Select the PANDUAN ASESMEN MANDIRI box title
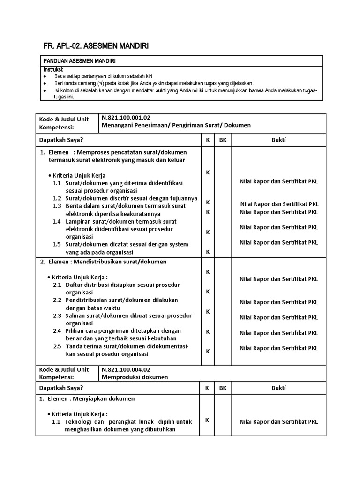coord(80,61)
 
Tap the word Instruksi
coord(53,69)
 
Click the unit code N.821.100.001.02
coord(126,118)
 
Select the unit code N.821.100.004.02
coord(126,370)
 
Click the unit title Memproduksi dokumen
coord(135,377)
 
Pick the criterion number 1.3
coord(57,206)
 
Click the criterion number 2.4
coord(57,331)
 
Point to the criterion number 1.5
coord(57,244)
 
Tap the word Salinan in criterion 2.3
coord(76,315)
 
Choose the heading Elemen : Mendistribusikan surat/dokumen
coord(104,262)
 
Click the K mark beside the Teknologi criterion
coord(207,420)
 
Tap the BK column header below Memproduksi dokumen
coord(222,388)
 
